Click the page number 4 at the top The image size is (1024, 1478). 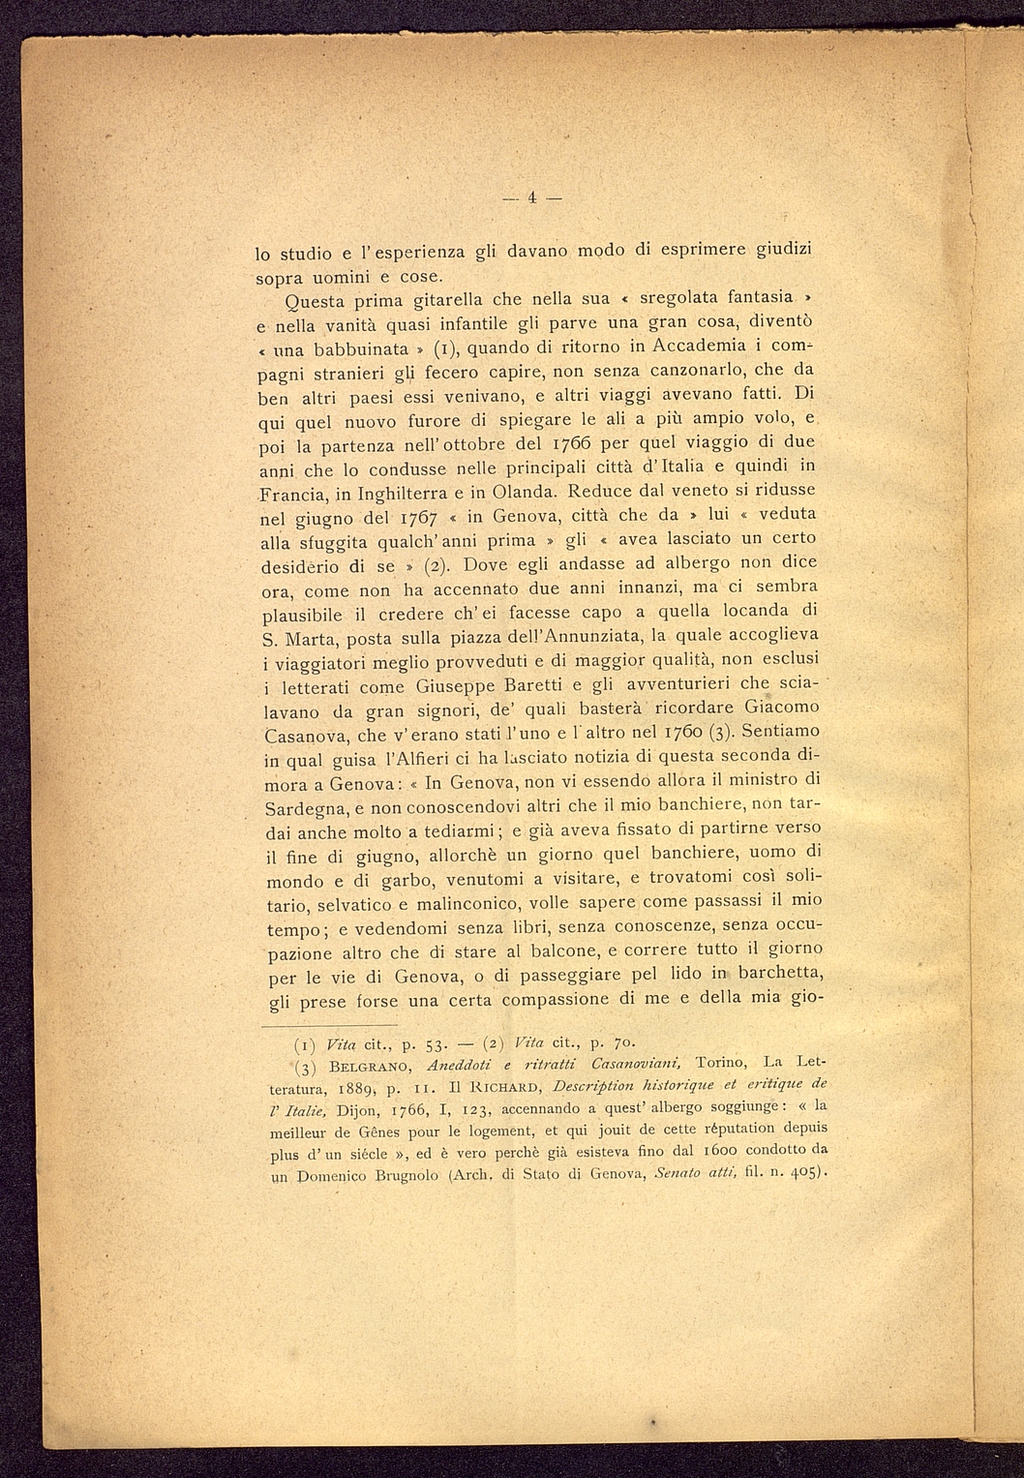pos(531,198)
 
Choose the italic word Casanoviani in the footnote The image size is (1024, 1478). pos(622,1066)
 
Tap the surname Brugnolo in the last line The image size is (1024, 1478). pos(393,1176)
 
